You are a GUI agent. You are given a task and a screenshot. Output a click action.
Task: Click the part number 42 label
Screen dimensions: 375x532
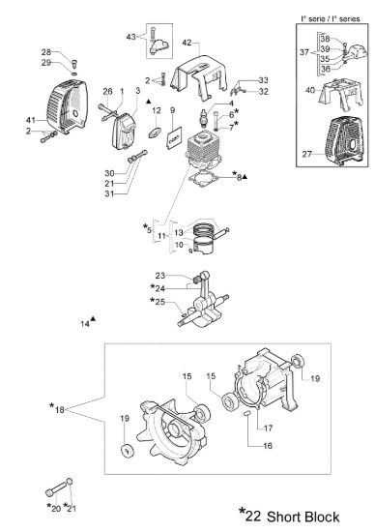pos(187,43)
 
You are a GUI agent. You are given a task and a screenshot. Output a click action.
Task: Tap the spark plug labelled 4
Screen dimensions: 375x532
pos(204,116)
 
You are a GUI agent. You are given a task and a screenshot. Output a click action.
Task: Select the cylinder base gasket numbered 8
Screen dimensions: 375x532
pos(203,179)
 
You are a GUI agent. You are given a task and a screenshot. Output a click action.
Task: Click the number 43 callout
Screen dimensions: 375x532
pos(130,37)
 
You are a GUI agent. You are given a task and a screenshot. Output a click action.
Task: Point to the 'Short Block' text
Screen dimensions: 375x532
pos(303,517)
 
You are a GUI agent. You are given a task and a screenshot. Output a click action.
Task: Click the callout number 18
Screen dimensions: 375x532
pos(60,410)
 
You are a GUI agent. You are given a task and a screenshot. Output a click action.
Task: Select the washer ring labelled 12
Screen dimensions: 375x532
pos(155,133)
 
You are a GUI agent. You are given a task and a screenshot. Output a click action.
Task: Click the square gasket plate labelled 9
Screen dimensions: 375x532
pos(174,137)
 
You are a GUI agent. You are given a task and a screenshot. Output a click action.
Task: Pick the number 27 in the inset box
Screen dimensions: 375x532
pos(306,154)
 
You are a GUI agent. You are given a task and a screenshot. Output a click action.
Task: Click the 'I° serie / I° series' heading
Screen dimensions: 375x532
pos(331,19)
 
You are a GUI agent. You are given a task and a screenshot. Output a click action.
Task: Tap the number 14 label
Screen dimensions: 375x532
pos(85,324)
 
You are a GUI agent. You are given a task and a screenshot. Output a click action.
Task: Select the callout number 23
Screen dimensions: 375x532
pos(160,275)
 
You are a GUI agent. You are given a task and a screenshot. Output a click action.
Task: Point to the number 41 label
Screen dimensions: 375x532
pos(31,120)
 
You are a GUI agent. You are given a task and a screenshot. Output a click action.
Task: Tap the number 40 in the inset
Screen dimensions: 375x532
pos(310,90)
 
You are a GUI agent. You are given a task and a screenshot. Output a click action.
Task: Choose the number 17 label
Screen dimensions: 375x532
pos(268,429)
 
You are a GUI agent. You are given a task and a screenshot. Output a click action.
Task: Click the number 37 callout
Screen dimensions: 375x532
pos(304,52)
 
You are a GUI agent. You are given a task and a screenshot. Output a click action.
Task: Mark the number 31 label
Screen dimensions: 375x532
pos(109,193)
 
